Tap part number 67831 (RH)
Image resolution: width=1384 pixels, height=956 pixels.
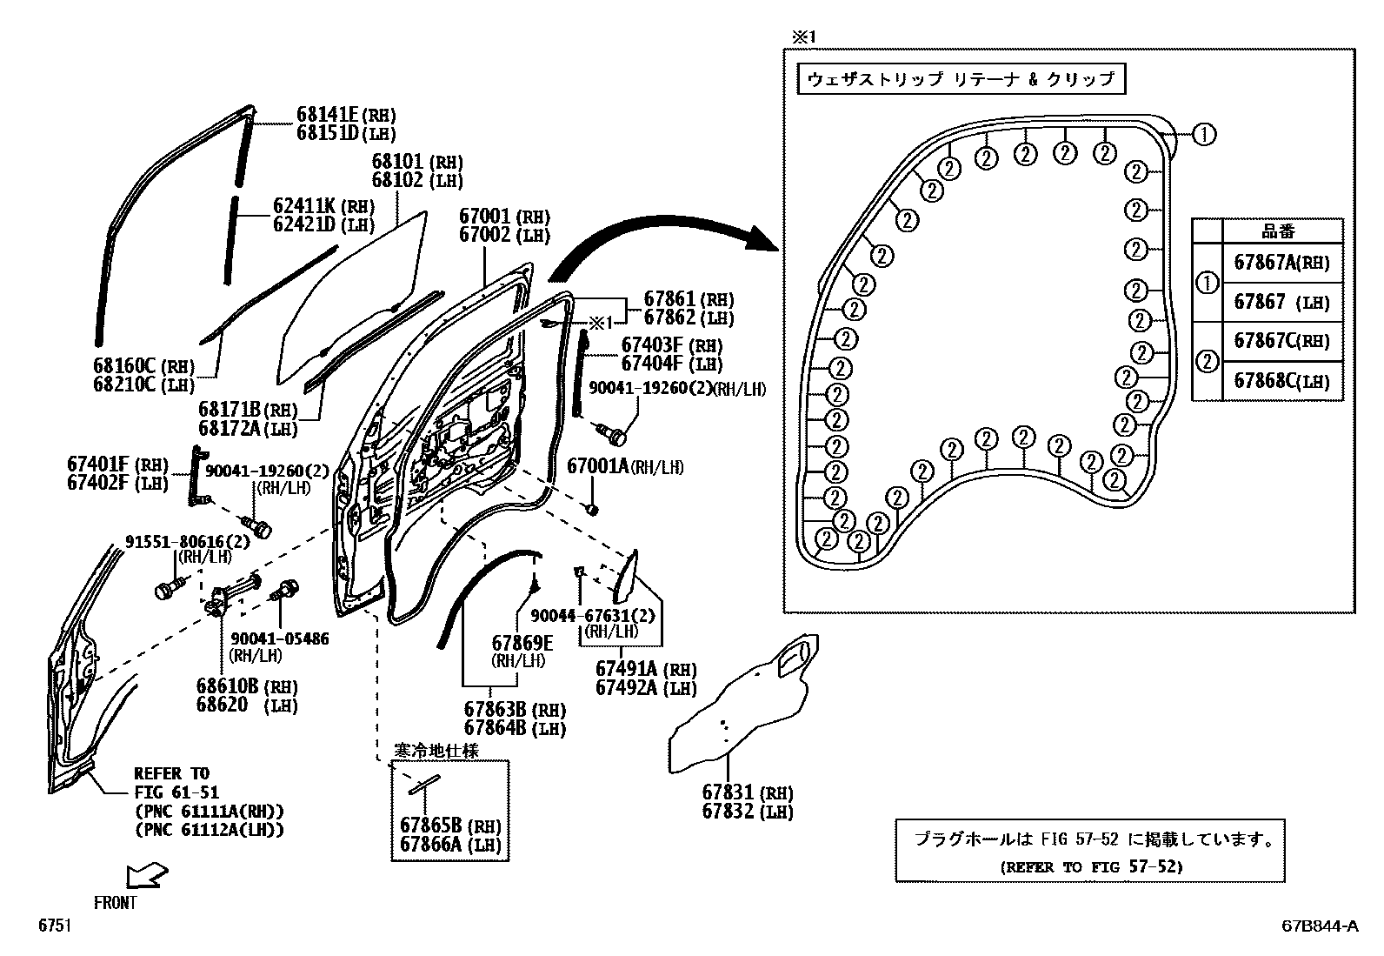coord(747,792)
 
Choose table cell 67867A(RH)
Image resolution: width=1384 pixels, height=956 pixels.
coord(1281,263)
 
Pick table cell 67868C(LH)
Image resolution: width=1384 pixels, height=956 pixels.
coord(1281,381)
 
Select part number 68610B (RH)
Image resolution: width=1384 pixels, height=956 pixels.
coord(246,685)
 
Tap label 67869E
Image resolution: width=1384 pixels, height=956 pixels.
coord(522,642)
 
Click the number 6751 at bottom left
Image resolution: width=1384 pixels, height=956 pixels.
coord(54,926)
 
